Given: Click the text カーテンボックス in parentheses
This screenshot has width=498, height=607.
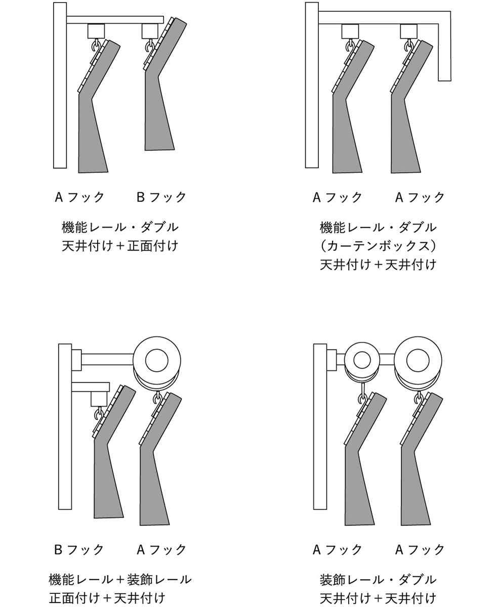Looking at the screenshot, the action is click(378, 246).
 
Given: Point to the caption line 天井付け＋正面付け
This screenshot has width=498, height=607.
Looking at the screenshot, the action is click(120, 246).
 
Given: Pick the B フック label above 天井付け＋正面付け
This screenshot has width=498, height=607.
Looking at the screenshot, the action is click(161, 197).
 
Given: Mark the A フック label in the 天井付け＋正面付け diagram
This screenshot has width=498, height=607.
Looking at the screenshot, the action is click(79, 197).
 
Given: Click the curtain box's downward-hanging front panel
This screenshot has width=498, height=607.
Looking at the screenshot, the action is click(444, 52).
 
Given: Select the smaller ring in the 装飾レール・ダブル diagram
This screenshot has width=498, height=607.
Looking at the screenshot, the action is click(362, 360).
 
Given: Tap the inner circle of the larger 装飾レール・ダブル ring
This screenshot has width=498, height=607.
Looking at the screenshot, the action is click(418, 360).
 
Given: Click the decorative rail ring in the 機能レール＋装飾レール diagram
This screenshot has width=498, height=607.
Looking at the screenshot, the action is click(157, 360).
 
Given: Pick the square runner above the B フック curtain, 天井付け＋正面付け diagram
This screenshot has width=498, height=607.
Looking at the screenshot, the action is click(150, 31).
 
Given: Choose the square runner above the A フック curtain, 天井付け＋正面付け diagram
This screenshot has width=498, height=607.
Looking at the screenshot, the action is click(96, 31).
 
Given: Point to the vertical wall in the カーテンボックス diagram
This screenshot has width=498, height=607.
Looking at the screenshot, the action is click(312, 85).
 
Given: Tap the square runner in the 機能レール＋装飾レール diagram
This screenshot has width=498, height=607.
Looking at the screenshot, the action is click(99, 399).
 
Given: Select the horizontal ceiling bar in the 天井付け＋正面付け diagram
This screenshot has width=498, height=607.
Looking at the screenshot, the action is click(115, 20).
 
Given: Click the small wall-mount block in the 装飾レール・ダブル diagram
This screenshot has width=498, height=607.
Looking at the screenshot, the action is click(331, 360).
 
